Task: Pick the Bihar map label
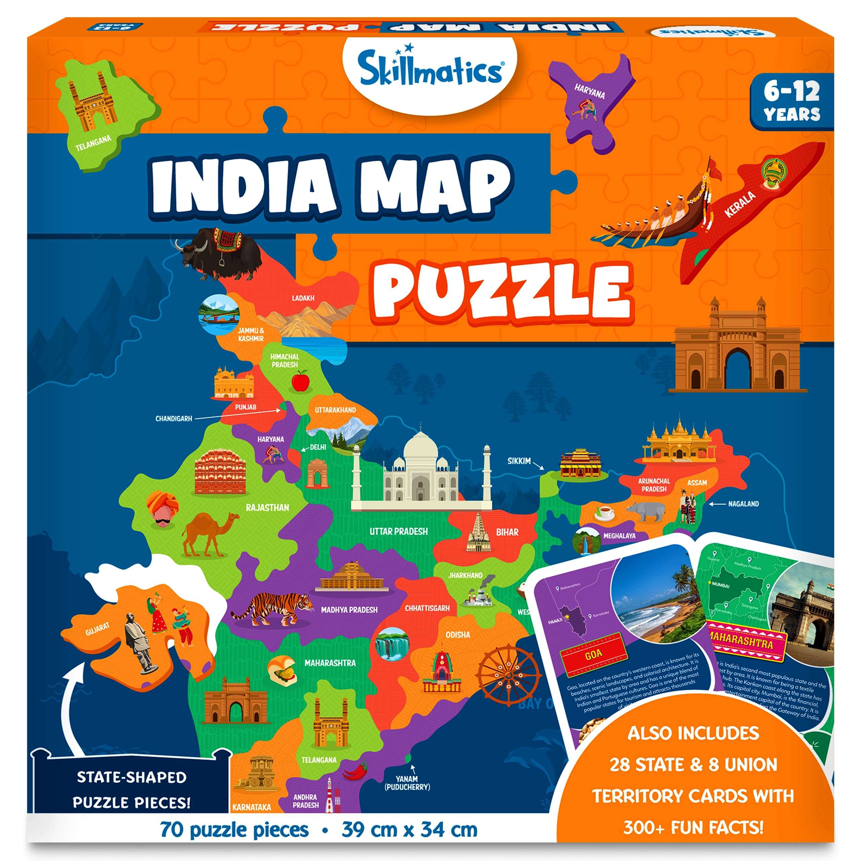[507, 532]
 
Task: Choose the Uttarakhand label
[335, 410]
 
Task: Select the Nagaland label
[743, 504]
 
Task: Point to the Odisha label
[458, 634]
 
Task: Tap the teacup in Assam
[605, 513]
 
